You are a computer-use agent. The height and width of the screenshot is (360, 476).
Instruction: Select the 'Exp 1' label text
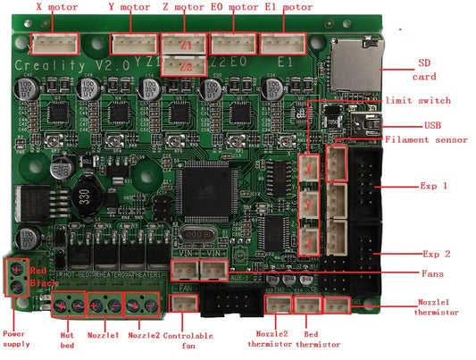pyautogui.click(x=432, y=187)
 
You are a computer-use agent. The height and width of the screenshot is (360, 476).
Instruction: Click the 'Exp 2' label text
pyautogui.click(x=432, y=254)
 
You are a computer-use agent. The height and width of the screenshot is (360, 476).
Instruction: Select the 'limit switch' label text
pyautogui.click(x=418, y=100)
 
